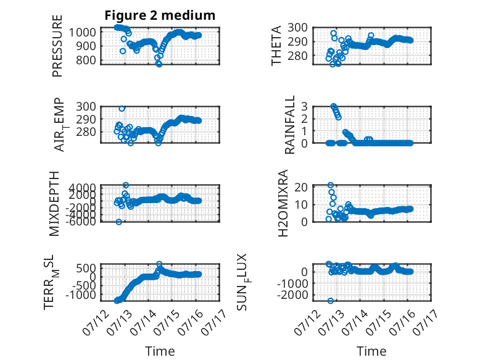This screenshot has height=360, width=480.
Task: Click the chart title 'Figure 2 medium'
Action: pyautogui.click(x=160, y=15)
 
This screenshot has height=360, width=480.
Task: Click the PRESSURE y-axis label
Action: pyautogui.click(x=57, y=46)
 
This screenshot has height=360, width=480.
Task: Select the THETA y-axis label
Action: pyautogui.click(x=276, y=46)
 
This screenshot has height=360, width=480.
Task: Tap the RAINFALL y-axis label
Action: pyautogui.click(x=289, y=124)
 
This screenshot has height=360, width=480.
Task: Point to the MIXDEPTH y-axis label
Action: pyautogui.click(x=54, y=203)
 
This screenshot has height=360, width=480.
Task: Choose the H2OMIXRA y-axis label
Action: pyautogui.click(x=283, y=203)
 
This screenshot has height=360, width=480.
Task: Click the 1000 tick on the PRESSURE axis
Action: pyautogui.click(x=82, y=32)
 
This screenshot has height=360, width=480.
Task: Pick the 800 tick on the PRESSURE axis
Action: pyautogui.click(x=86, y=61)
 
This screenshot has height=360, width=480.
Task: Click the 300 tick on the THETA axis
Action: pyautogui.click(x=298, y=28)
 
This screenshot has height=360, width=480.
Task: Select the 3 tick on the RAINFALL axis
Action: pyautogui.click(x=304, y=107)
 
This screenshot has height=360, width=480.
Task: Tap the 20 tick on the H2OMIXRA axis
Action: pyautogui.click(x=301, y=187)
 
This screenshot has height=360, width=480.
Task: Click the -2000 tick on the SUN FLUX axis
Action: pyautogui.click(x=292, y=295)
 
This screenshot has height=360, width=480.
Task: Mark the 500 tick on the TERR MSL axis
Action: pyautogui.click(x=86, y=269)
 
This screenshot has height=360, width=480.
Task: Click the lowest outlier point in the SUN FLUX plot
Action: pyautogui.click(x=330, y=301)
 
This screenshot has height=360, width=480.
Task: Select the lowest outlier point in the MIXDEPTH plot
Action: pyautogui.click(x=119, y=222)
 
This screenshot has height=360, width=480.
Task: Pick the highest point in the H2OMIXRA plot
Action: pyautogui.click(x=330, y=185)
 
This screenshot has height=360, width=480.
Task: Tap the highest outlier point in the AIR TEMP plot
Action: pyautogui.click(x=122, y=109)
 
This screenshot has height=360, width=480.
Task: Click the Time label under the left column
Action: pyautogui.click(x=160, y=351)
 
